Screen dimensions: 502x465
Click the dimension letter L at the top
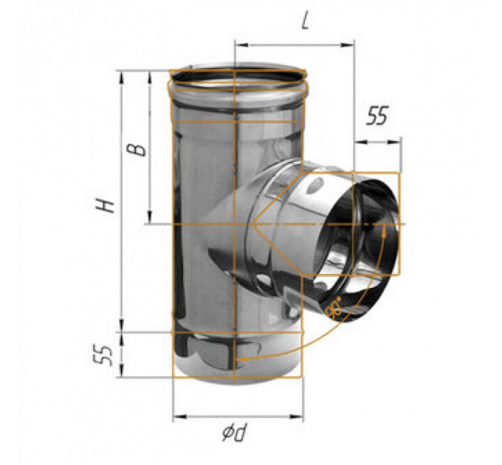pos(306,21)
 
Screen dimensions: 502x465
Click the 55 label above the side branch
pos(377,115)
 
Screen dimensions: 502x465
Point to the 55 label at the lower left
pos(104,355)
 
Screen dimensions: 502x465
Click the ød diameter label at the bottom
pos(235,432)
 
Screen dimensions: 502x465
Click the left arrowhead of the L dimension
pos(241,45)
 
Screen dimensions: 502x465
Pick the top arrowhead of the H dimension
pos(121,77)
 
